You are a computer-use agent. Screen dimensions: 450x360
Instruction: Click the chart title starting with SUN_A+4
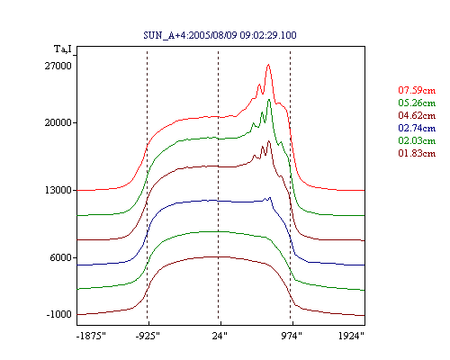pos(220,35)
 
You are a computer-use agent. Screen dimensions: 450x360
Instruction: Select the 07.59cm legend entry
pos(417,90)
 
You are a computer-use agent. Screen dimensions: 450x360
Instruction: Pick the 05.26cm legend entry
pos(417,103)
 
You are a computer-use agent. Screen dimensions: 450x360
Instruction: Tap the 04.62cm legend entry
pos(417,115)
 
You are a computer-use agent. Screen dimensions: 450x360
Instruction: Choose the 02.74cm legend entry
pos(417,128)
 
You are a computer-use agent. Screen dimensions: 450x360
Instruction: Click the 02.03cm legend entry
pos(417,140)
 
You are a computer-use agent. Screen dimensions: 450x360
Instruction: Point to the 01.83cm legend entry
pos(417,153)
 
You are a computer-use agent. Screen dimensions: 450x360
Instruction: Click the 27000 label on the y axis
pos(58,66)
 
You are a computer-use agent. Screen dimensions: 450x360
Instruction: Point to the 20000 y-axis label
pos(58,122)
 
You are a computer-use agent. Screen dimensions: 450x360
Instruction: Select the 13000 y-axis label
pos(58,190)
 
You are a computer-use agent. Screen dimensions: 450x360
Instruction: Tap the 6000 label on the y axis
pos(60,257)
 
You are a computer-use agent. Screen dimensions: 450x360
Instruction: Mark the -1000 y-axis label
pos(59,314)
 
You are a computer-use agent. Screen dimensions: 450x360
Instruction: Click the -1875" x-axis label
pos(91,336)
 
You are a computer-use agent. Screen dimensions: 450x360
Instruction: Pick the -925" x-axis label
pos(148,336)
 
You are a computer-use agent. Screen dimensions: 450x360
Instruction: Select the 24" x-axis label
pos(220,336)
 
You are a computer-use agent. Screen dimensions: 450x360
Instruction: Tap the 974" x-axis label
pos(292,336)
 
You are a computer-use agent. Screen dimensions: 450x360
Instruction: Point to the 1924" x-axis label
pos(351,336)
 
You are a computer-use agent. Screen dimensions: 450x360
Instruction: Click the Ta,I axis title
pos(63,49)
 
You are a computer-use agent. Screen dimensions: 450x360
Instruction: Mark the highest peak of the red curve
pos(268,65)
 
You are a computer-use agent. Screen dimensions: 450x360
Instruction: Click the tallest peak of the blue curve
pos(270,197)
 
